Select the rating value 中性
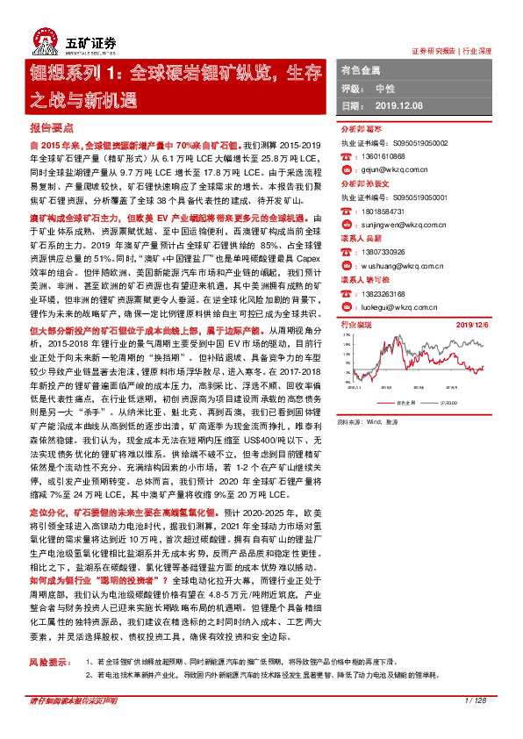384,89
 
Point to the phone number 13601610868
379,156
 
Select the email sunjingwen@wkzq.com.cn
393,225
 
